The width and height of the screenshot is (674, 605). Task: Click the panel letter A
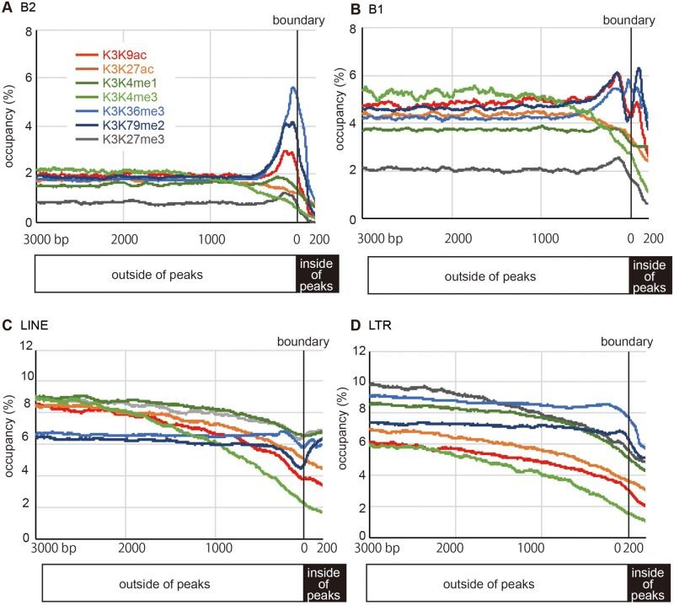coord(8,9)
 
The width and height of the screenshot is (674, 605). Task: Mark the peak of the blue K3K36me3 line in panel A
coord(293,88)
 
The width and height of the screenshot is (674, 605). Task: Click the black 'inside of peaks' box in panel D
coord(650,583)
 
